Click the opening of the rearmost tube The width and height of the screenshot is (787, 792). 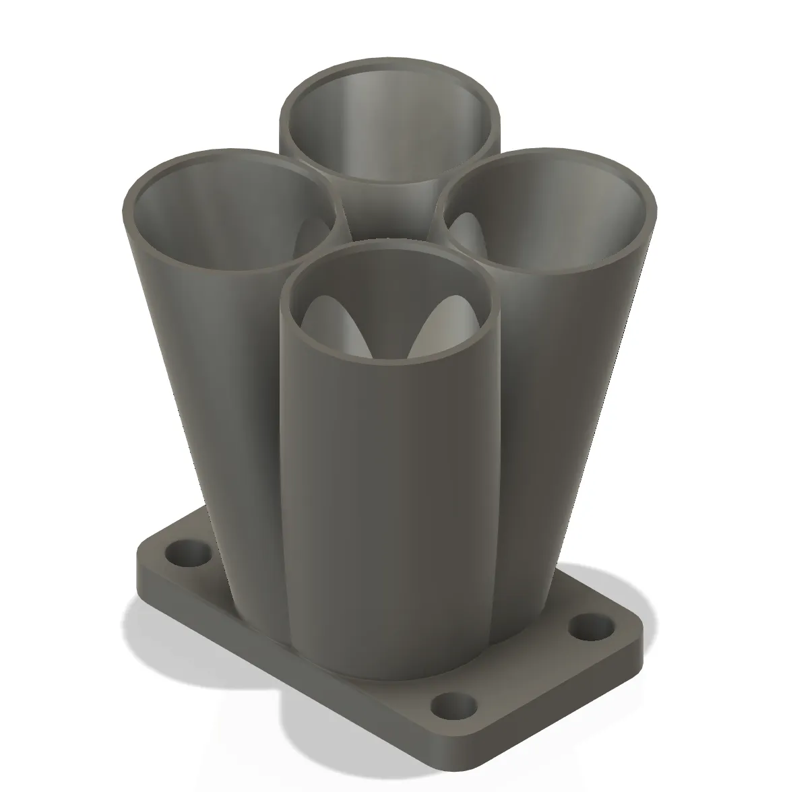[391, 128]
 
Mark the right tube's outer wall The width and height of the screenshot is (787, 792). [573, 404]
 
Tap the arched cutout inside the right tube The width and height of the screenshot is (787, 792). [465, 232]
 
